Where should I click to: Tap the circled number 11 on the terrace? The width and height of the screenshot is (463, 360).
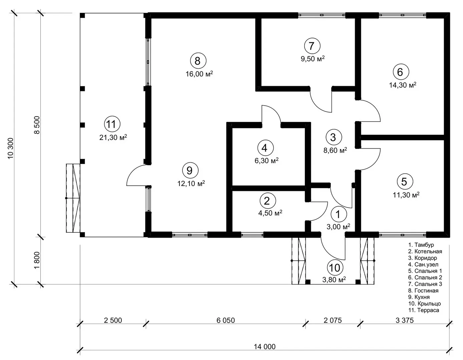[112, 124]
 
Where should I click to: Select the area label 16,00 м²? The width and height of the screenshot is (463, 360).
[199, 74]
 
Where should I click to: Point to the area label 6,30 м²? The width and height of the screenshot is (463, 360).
[266, 160]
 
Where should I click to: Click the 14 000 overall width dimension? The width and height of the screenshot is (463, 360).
[265, 347]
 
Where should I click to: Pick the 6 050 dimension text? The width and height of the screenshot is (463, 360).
[225, 320]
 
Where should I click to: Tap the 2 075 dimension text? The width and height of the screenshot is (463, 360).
[333, 320]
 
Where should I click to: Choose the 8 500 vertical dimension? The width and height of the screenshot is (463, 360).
[37, 125]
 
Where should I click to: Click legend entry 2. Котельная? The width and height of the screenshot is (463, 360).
[425, 251]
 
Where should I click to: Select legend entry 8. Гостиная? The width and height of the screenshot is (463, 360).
[423, 291]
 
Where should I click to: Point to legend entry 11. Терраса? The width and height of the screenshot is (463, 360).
[424, 310]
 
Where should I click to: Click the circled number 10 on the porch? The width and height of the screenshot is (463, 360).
[335, 268]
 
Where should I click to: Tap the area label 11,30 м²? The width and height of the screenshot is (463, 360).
[406, 195]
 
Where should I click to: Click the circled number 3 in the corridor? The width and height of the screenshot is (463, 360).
[334, 137]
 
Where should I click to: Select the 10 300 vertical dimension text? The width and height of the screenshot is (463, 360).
[10, 148]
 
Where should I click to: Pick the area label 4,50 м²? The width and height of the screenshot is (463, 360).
[270, 213]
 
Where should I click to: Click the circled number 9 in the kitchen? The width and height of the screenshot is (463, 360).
[190, 170]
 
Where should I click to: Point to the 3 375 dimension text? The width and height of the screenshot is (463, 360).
[405, 320]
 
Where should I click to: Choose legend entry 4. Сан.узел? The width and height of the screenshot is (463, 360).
[423, 264]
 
